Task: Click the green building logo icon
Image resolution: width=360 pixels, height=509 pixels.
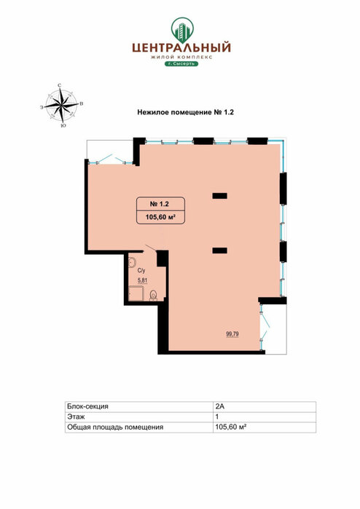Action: pyautogui.click(x=182, y=30)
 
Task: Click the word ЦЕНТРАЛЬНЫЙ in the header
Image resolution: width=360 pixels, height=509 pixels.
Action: pyautogui.click(x=181, y=48)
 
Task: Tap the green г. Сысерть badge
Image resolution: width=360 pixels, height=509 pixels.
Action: pyautogui.click(x=181, y=63)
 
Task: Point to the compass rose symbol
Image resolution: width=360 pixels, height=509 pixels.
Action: pyautogui.click(x=61, y=105)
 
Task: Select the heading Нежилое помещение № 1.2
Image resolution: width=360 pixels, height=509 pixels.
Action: pyautogui.click(x=186, y=113)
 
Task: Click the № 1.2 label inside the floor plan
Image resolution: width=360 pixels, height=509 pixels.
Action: pyautogui.click(x=159, y=204)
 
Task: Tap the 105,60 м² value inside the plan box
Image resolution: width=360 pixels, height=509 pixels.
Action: pyautogui.click(x=160, y=217)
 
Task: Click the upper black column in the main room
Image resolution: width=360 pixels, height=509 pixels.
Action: pyautogui.click(x=219, y=196)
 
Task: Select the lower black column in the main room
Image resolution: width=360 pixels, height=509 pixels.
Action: pyautogui.click(x=219, y=250)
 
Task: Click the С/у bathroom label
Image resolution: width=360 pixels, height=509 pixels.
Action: pyautogui.click(x=141, y=271)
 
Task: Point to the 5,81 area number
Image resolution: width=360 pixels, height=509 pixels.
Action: pyautogui.click(x=142, y=281)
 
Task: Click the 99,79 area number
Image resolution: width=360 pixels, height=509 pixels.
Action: pyautogui.click(x=232, y=334)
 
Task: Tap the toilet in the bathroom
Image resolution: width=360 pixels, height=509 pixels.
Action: pyautogui.click(x=153, y=295)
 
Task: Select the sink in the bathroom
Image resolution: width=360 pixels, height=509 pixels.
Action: pyautogui.click(x=132, y=262)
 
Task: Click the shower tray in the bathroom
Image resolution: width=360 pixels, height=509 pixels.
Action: pyautogui.click(x=136, y=293)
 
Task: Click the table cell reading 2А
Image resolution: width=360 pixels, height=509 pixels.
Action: pyautogui.click(x=219, y=406)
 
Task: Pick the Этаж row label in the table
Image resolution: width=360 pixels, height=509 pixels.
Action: pyautogui.click(x=76, y=417)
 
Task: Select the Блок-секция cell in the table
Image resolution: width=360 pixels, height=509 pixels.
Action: pyautogui.click(x=87, y=406)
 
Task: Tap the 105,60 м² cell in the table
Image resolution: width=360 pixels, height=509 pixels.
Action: pyautogui.click(x=231, y=427)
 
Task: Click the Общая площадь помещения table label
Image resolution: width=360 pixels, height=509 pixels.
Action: pyautogui.click(x=115, y=427)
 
